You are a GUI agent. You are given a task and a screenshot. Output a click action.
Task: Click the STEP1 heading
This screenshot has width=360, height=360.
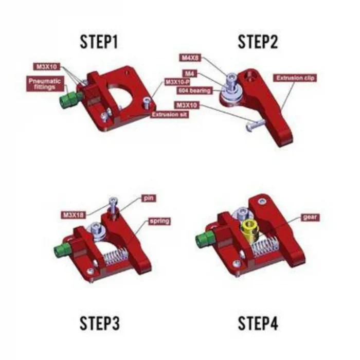(99, 42)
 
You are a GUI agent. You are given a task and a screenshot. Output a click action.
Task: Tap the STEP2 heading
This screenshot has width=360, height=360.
(257, 42)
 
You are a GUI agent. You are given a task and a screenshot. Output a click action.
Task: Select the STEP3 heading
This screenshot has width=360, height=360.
(100, 323)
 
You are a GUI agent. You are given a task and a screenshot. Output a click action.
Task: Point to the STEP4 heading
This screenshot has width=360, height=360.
(258, 323)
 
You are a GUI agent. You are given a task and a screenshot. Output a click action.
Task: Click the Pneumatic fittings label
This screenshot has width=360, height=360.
(44, 84)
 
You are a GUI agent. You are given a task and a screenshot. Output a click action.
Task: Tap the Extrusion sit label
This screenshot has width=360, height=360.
(169, 115)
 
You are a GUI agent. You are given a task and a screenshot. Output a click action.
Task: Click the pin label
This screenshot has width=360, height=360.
(150, 198)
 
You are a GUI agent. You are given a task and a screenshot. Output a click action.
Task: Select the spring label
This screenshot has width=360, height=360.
(159, 221)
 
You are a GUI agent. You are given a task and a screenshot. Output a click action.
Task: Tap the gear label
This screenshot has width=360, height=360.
(310, 217)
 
